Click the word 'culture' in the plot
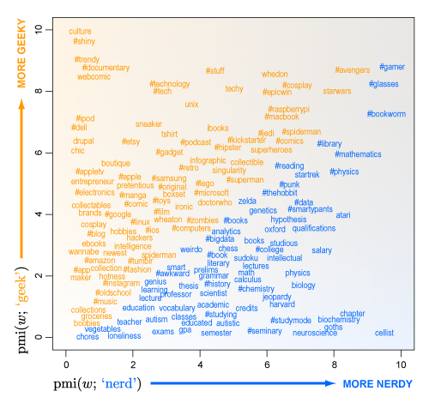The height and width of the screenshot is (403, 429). click(x=82, y=31)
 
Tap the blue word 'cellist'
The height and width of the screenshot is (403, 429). click(x=384, y=333)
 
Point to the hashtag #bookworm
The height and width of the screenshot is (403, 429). click(x=386, y=113)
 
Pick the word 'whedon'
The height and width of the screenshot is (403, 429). click(x=275, y=75)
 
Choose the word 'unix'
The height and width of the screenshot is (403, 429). click(x=192, y=104)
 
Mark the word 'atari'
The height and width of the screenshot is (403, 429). click(x=343, y=214)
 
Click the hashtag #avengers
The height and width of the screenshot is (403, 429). click(x=353, y=69)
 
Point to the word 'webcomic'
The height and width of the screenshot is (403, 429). click(x=94, y=76)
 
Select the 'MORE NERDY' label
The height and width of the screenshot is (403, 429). click(x=378, y=383)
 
